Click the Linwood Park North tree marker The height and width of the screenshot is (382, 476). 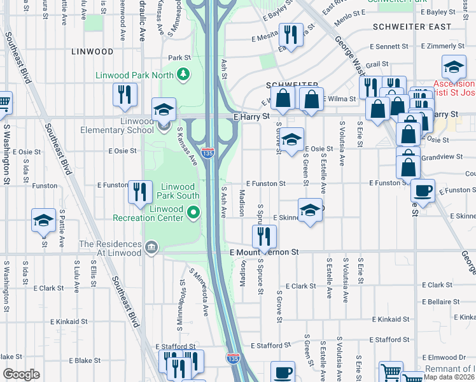(184, 74)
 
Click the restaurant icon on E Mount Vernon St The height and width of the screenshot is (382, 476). (263, 237)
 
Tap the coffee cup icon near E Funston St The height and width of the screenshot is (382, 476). (423, 190)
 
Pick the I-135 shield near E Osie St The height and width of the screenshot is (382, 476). (207, 153)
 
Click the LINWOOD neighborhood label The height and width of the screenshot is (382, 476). (92, 52)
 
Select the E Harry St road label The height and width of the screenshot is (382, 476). (252, 117)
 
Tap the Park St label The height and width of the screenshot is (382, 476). (179, 57)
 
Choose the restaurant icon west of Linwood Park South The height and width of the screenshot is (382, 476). (140, 192)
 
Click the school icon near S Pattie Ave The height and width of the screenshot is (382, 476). (43, 221)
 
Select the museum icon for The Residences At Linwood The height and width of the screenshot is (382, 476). (151, 247)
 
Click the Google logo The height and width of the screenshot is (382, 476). (21, 374)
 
